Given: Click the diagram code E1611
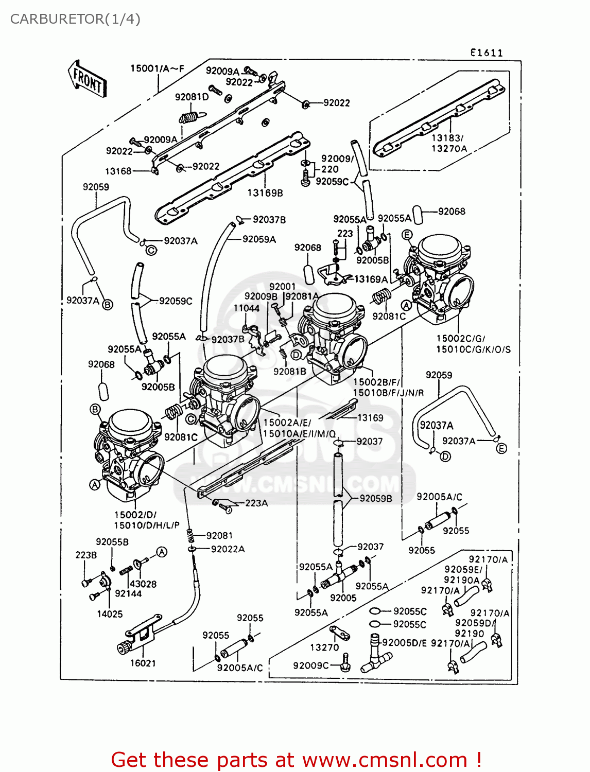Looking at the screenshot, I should click(486, 52).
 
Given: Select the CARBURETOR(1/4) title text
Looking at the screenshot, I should click(75, 19).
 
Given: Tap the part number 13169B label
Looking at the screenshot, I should click(265, 193).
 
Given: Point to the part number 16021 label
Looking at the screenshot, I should click(143, 663).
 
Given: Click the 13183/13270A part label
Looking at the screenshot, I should click(449, 143).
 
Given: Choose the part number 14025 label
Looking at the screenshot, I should click(110, 613).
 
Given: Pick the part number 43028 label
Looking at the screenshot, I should click(143, 584).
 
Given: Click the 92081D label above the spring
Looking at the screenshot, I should click(192, 97).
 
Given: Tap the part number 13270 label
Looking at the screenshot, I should click(324, 647).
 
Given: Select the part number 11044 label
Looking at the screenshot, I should click(246, 308).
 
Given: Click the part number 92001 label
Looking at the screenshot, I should click(282, 286).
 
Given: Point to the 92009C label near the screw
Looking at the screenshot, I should click(311, 665).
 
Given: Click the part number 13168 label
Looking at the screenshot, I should click(118, 171).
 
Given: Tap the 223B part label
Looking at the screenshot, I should click(86, 555).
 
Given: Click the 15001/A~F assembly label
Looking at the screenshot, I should click(157, 68).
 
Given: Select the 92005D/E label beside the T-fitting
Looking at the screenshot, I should click(405, 642).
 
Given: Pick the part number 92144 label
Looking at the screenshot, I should click(128, 593).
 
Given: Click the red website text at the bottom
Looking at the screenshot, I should click(296, 760).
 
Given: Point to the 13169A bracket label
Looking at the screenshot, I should click(371, 279).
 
